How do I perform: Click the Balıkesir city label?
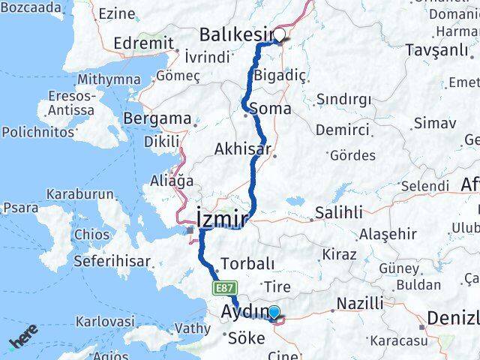(233, 34)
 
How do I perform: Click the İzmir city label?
(222, 218)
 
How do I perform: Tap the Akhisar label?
(242, 148)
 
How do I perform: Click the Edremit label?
(144, 43)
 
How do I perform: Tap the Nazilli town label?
(359, 303)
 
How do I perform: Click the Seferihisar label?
(111, 262)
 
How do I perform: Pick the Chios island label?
(91, 235)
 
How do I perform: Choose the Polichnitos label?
(37, 131)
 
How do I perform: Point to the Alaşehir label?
(387, 234)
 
